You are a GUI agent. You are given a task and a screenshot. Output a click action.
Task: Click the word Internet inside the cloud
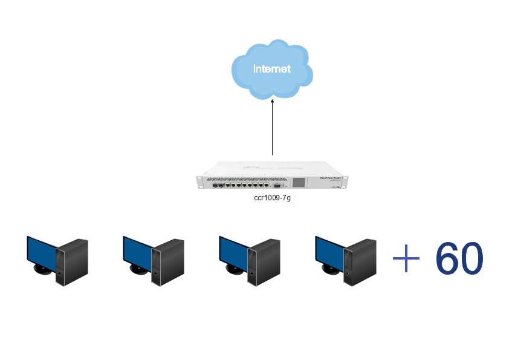point(271,68)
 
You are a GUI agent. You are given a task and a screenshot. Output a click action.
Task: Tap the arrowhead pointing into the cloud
point(272,103)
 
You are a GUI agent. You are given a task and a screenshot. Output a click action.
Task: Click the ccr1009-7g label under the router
point(272,198)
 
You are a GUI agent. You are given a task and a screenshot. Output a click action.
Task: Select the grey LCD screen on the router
point(299,182)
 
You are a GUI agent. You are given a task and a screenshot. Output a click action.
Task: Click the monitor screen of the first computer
point(42,250)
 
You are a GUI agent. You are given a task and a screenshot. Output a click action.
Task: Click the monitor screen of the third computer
point(233,250)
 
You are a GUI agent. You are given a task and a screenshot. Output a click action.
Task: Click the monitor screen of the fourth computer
point(329,250)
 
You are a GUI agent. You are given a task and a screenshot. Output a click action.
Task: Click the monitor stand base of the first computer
point(43,269)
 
